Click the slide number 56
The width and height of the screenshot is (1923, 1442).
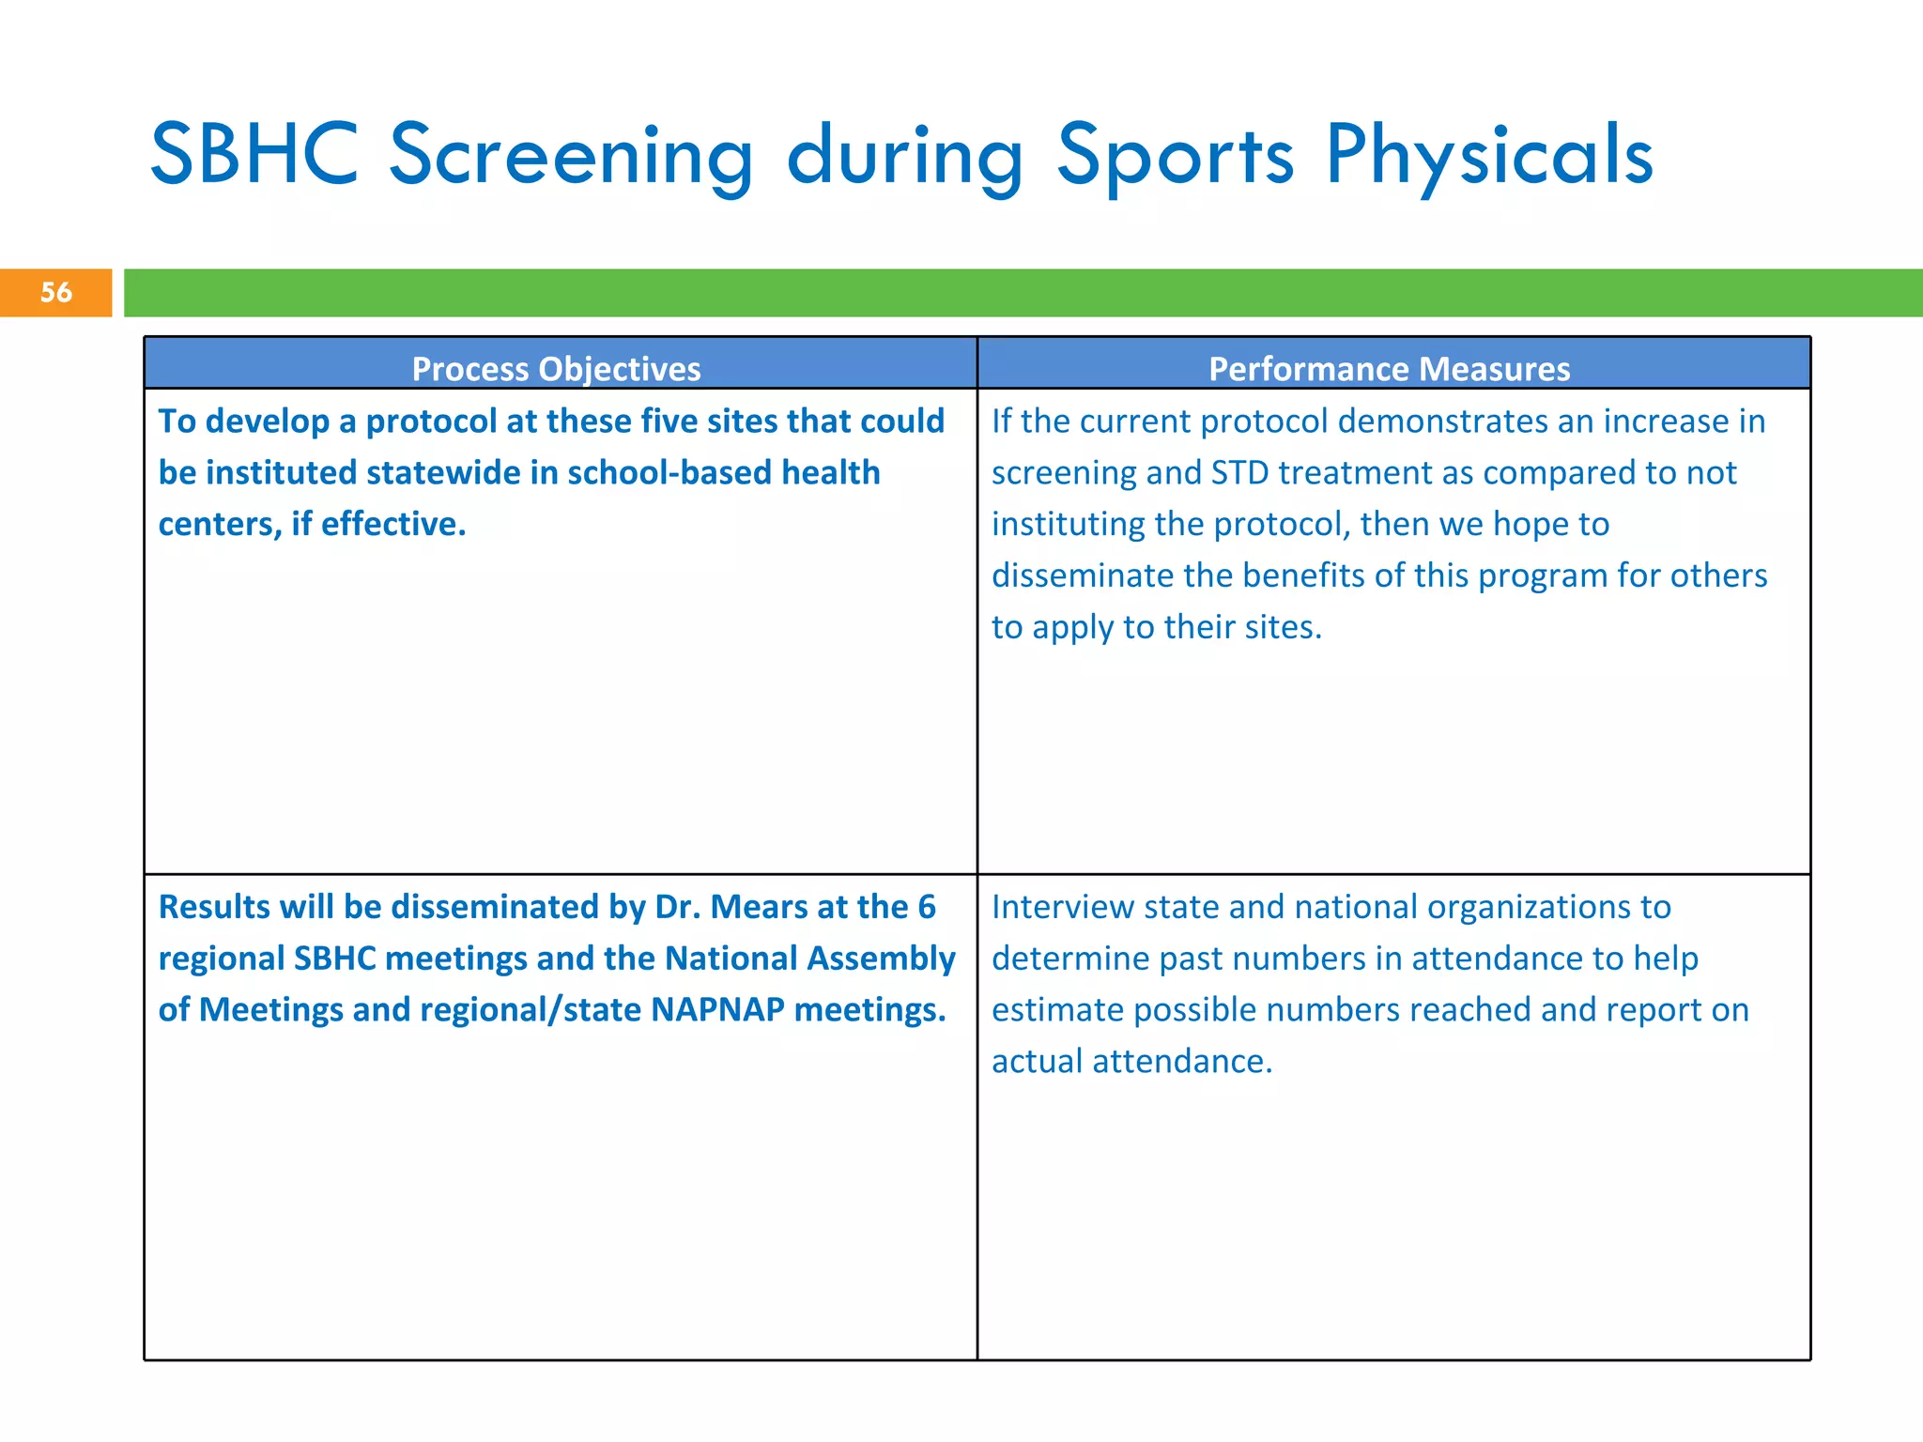click(x=56, y=292)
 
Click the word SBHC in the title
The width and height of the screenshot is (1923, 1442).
click(x=254, y=154)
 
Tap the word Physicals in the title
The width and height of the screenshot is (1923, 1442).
click(x=1488, y=156)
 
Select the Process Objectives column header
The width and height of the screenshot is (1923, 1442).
click(x=556, y=368)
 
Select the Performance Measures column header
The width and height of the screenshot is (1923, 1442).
click(x=1389, y=368)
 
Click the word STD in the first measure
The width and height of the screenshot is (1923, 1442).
click(x=1239, y=472)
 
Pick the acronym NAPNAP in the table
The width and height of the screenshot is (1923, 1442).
click(x=717, y=1009)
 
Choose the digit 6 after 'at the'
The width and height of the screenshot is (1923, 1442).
click(x=926, y=907)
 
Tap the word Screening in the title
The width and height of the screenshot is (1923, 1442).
click(x=571, y=156)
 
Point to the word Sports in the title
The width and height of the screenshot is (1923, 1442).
click(x=1175, y=156)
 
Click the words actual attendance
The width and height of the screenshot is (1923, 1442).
click(x=1131, y=1061)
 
